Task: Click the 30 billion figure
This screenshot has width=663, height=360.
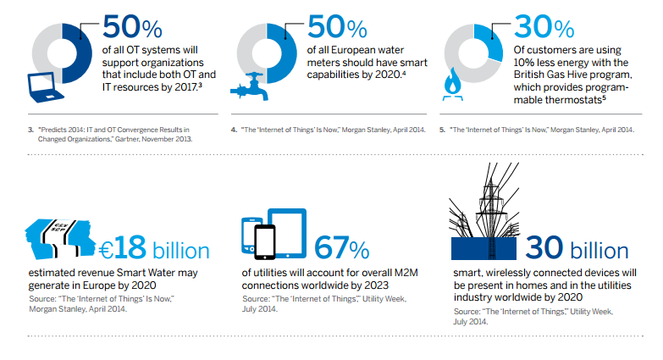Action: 576,249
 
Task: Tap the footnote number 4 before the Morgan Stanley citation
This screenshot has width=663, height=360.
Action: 234,130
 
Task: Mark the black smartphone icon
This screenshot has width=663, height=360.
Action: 263,241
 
